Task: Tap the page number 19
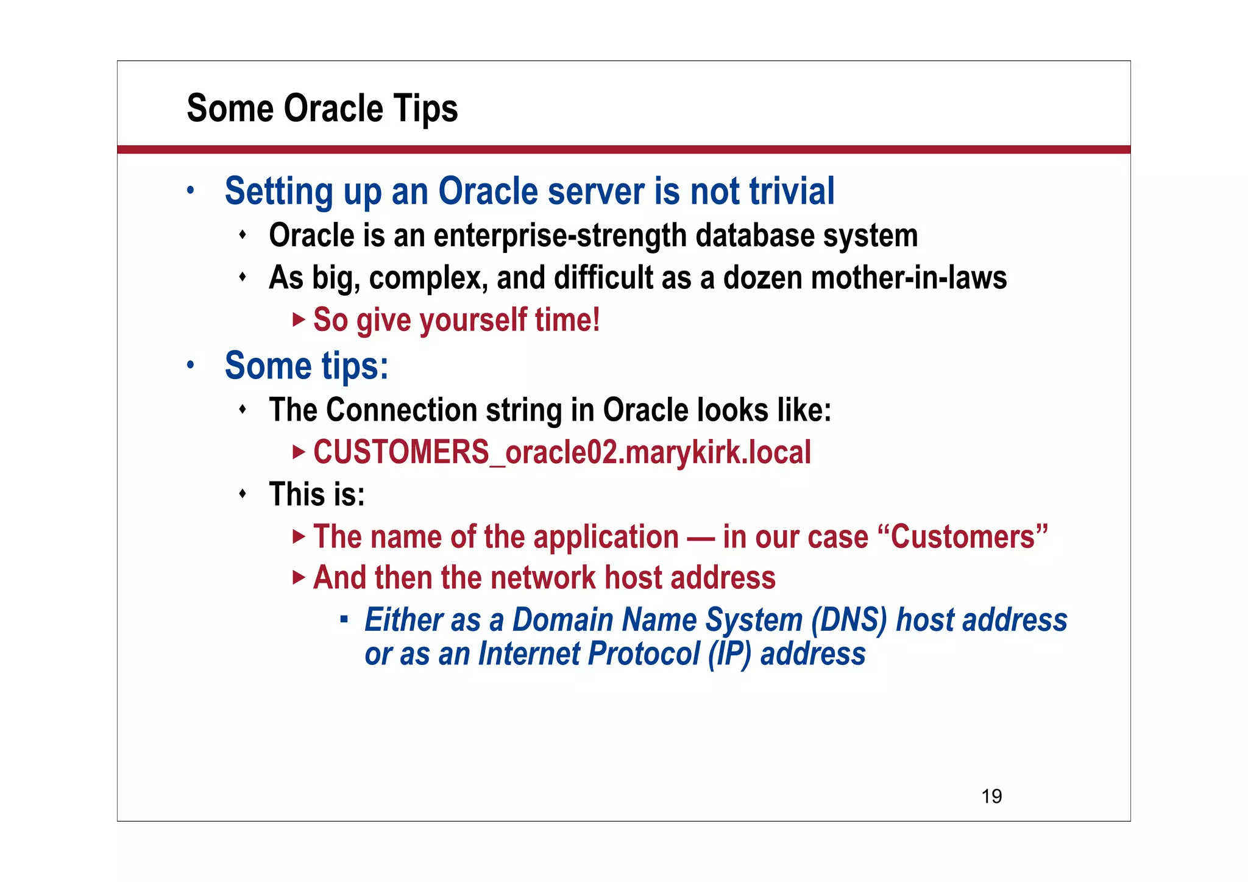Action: (x=991, y=796)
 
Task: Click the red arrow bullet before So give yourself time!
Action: (x=298, y=319)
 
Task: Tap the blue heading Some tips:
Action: (x=306, y=366)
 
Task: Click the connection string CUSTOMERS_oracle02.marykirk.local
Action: (x=561, y=452)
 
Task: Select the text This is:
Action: (x=316, y=494)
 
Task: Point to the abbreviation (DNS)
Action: (x=849, y=620)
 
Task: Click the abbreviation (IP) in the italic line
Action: (x=729, y=654)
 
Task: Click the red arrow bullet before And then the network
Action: (x=298, y=577)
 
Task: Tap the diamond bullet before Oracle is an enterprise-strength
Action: (x=243, y=235)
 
